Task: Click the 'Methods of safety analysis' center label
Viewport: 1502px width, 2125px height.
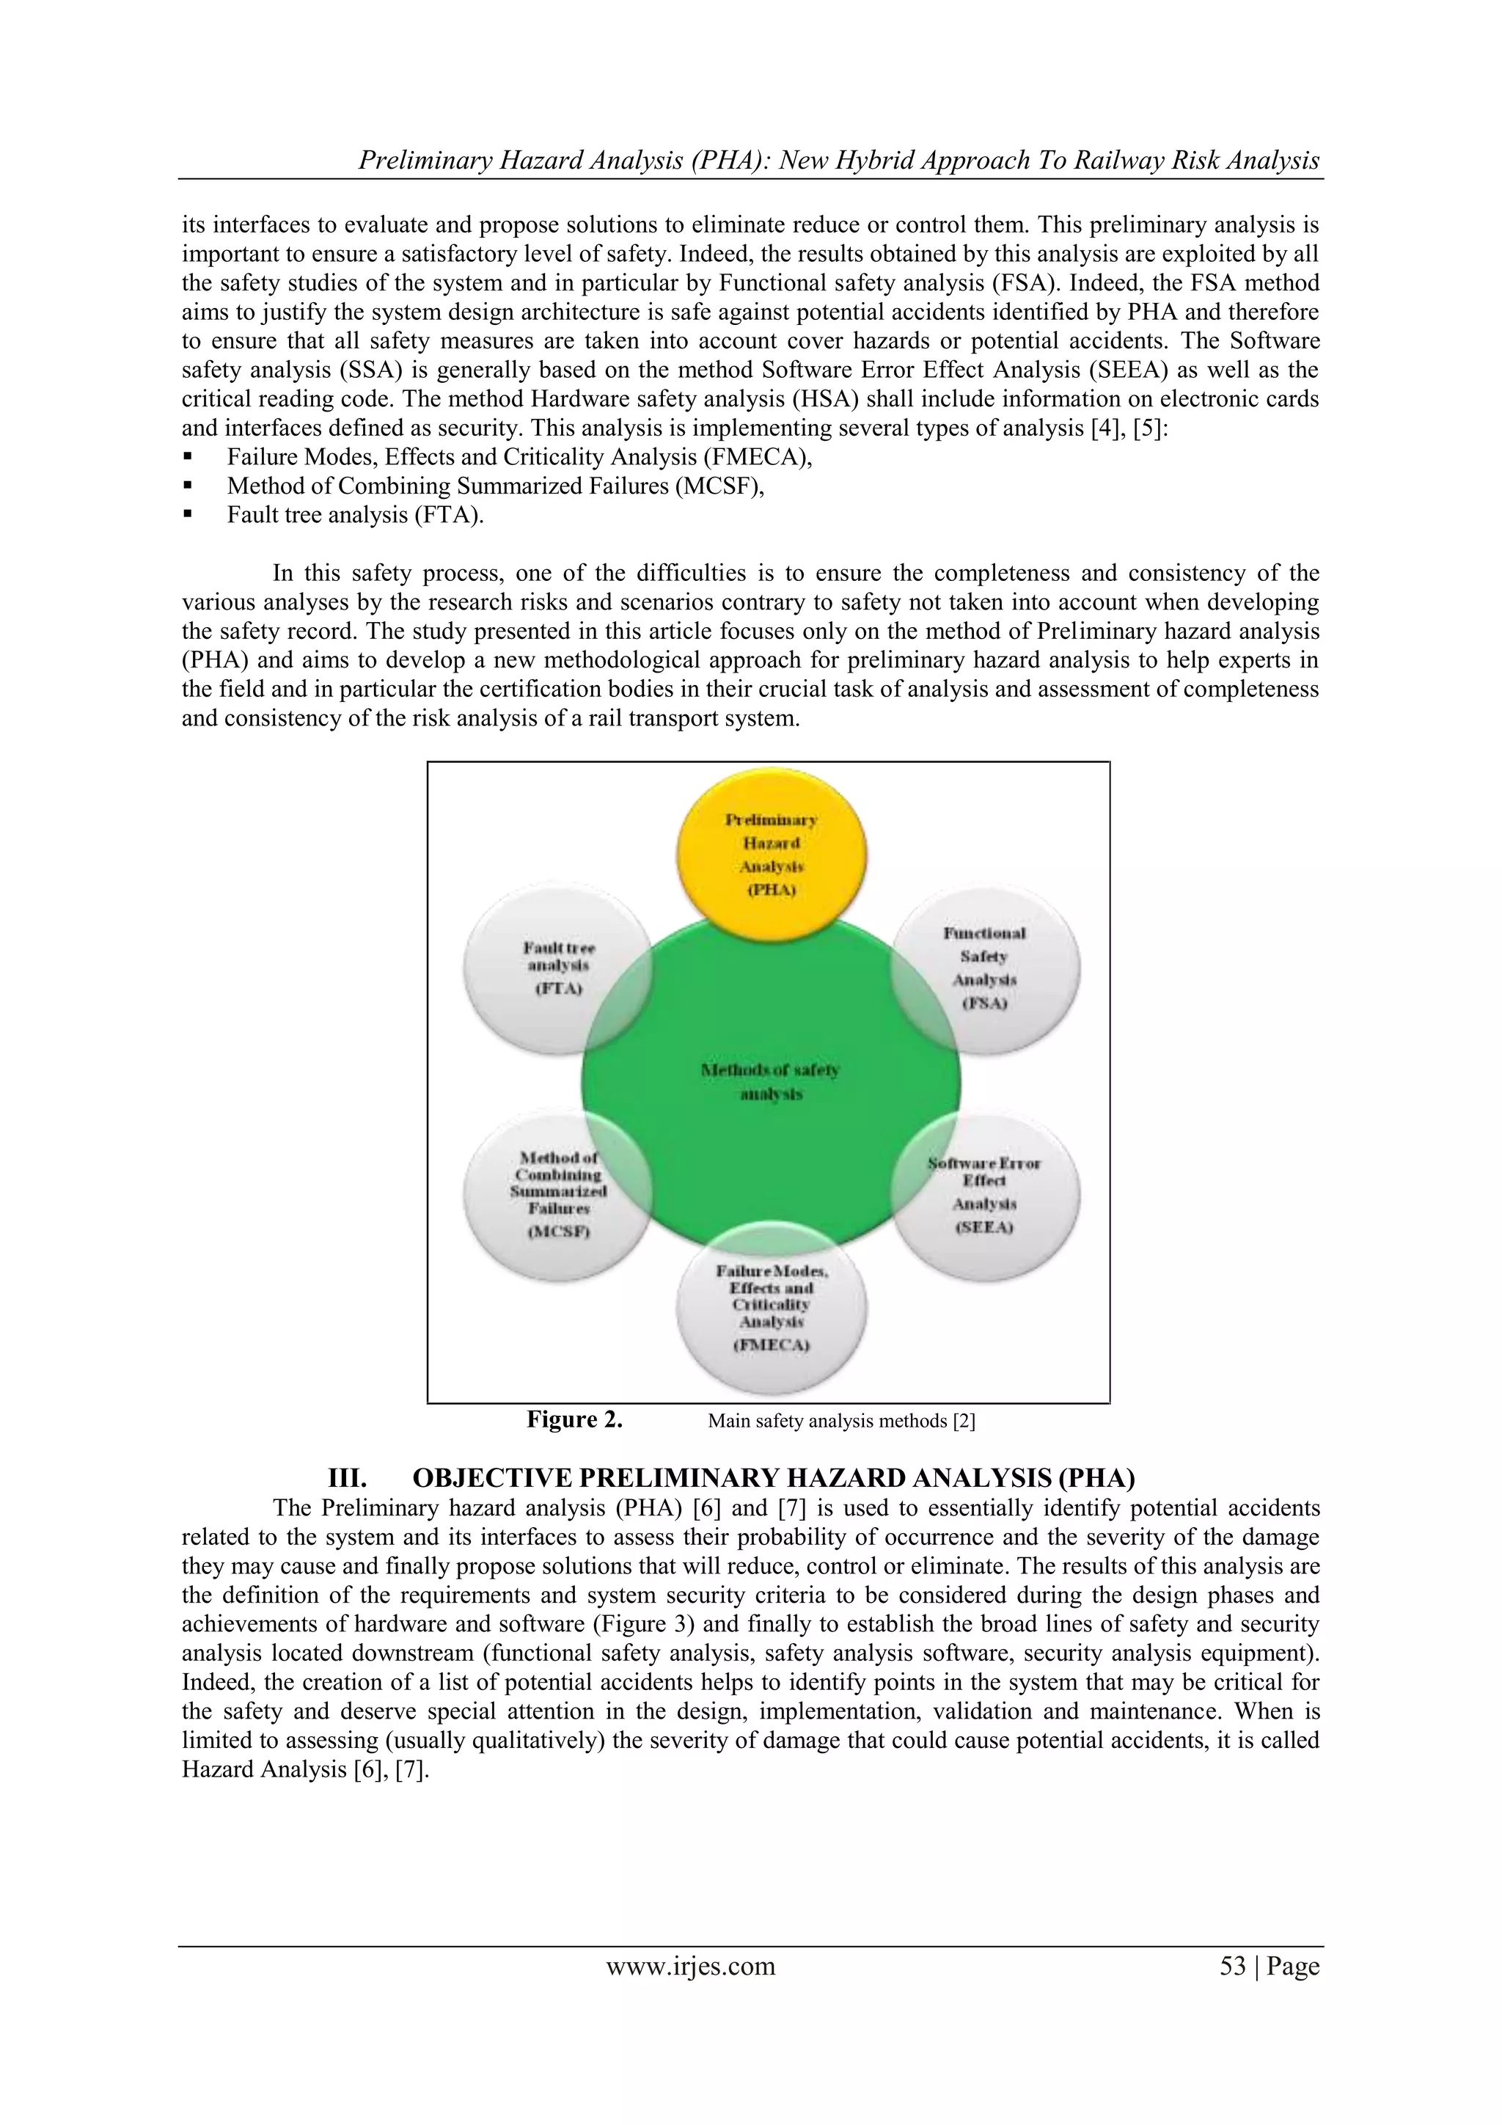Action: pos(771,1082)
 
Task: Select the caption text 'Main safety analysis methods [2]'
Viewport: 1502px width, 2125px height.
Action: pos(841,1421)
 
